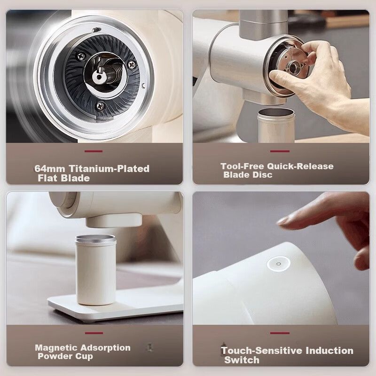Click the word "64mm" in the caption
click(x=49, y=169)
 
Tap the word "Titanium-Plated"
click(x=109, y=169)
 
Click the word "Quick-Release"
click(x=300, y=166)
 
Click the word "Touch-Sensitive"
click(x=262, y=351)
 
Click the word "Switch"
click(x=242, y=360)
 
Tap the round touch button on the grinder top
click(x=278, y=264)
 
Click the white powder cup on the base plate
click(x=96, y=270)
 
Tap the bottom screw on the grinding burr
click(x=100, y=105)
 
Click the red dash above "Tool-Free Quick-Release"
click(x=280, y=151)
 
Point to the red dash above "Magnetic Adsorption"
click(x=94, y=333)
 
